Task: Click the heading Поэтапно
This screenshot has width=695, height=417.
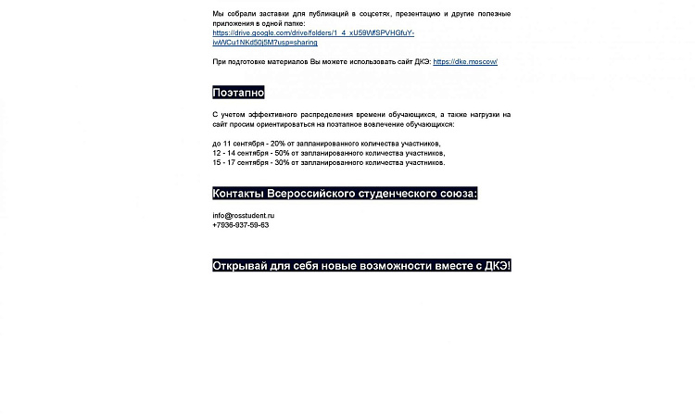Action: [238, 93]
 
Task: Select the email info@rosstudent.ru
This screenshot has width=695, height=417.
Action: [243, 216]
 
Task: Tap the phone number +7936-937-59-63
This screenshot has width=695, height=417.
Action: [240, 225]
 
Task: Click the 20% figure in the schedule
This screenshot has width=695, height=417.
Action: [278, 144]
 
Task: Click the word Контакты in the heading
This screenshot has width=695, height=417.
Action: [238, 194]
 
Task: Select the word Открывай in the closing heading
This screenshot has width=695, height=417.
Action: [240, 266]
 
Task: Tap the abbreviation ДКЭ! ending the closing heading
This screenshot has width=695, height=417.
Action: [498, 266]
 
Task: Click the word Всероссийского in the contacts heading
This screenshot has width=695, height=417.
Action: [311, 194]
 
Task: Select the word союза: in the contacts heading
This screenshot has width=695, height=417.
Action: [457, 194]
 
